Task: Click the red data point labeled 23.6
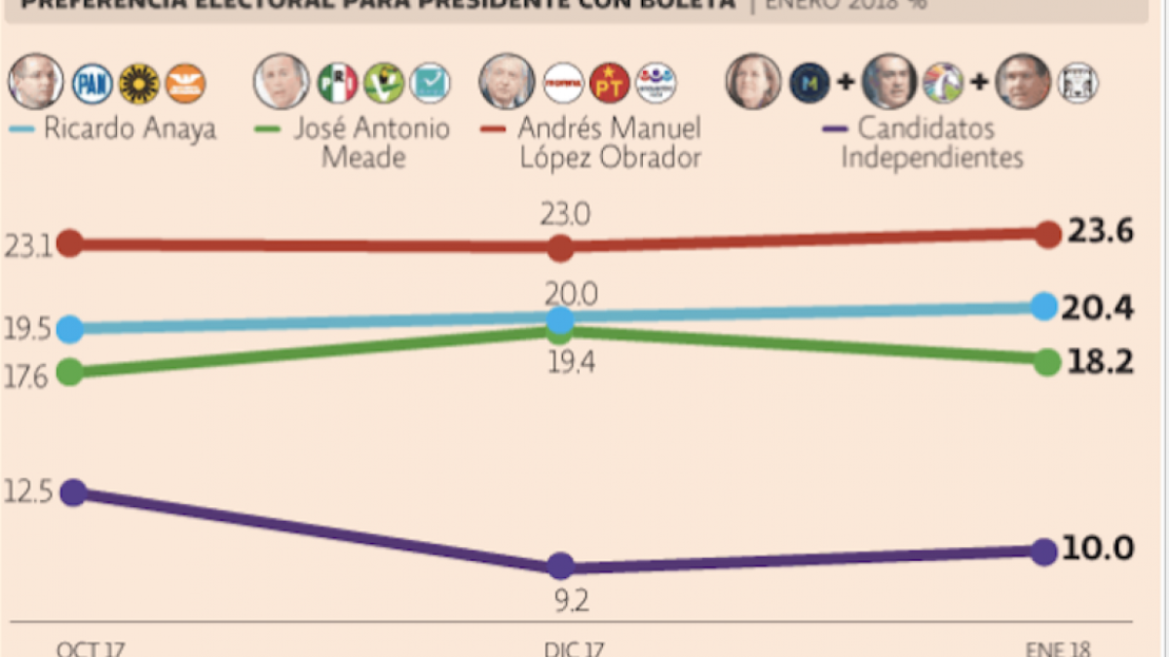click(1047, 234)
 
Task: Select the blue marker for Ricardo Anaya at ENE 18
click(1043, 307)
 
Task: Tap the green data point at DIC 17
click(560, 331)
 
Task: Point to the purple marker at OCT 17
click(70, 493)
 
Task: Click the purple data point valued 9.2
click(560, 566)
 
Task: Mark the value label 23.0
click(566, 213)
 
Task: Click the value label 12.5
click(26, 492)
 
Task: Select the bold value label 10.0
click(1098, 549)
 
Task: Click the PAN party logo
click(91, 84)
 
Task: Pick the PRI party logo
click(338, 84)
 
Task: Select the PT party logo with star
click(612, 84)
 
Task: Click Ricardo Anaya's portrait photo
click(36, 82)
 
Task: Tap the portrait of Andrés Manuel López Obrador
click(507, 82)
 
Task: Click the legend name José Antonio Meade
click(371, 143)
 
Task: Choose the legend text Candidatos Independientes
click(930, 143)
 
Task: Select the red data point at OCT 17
click(70, 243)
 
